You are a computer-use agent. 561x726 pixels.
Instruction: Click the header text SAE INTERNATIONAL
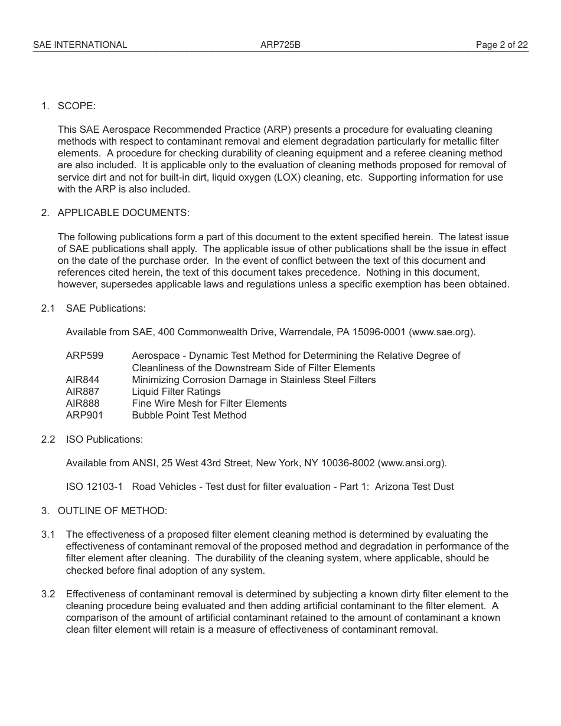pyautogui.click(x=80, y=45)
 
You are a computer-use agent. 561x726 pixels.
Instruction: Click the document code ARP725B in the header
pyautogui.click(x=280, y=45)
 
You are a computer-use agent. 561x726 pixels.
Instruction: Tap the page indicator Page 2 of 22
pyautogui.click(x=501, y=45)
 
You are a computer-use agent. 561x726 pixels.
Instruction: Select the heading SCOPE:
pyautogui.click(x=76, y=106)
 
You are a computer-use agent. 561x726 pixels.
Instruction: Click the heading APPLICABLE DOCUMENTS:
pyautogui.click(x=123, y=212)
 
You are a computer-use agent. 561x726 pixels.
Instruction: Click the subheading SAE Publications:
pyautogui.click(x=106, y=308)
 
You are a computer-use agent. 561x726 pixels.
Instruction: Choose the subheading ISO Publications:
pyautogui.click(x=105, y=439)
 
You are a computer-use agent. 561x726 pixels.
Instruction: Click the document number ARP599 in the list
pyautogui.click(x=84, y=355)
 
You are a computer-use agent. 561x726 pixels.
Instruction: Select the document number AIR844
pyautogui.click(x=83, y=380)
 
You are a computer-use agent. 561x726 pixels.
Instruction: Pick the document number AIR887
pyautogui.click(x=83, y=391)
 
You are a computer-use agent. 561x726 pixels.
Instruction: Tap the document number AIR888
pyautogui.click(x=83, y=403)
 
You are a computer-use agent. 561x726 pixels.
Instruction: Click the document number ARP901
pyautogui.click(x=84, y=415)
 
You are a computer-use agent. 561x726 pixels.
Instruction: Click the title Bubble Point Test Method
pyautogui.click(x=189, y=415)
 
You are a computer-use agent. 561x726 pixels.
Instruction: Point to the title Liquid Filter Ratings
pyautogui.click(x=176, y=391)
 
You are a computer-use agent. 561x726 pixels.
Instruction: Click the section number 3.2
pyautogui.click(x=48, y=594)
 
